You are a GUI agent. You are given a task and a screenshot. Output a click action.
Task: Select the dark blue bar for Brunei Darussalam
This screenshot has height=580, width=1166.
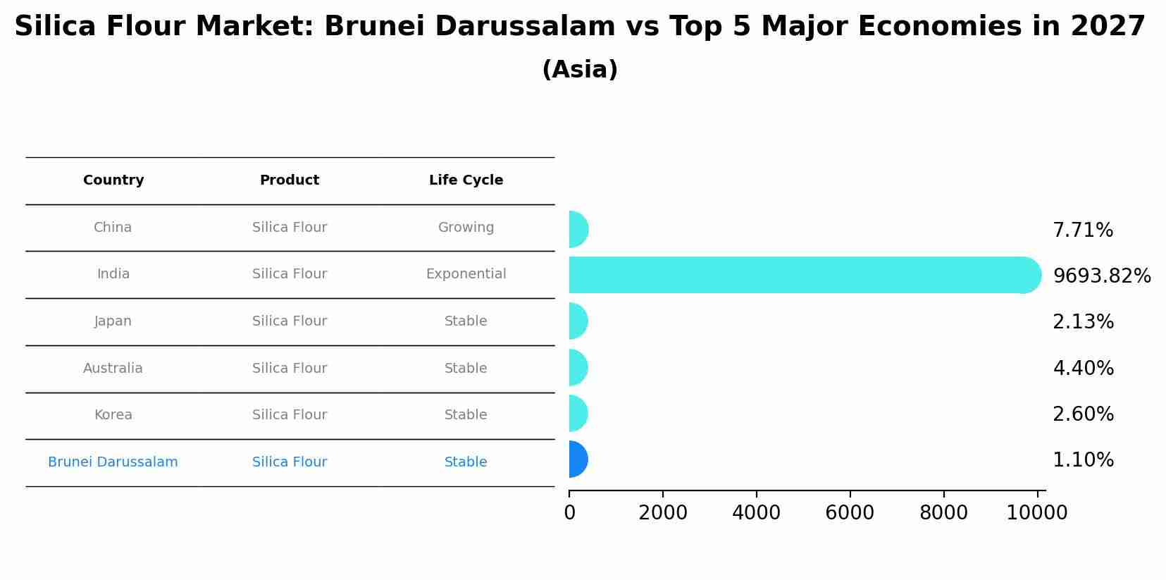click(x=578, y=459)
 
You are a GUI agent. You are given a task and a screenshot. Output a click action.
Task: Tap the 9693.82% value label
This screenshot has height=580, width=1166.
click(x=1101, y=276)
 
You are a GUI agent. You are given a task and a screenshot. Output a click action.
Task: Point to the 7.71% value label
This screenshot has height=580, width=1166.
click(x=1082, y=230)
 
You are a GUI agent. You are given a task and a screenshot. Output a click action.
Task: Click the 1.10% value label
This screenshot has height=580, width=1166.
click(x=1083, y=460)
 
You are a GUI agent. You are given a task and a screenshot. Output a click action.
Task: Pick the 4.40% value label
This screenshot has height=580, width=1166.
click(x=1083, y=369)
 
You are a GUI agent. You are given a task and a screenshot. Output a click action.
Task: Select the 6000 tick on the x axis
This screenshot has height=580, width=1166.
click(x=850, y=513)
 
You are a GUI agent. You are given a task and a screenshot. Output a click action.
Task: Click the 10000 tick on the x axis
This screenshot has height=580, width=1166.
click(x=1036, y=513)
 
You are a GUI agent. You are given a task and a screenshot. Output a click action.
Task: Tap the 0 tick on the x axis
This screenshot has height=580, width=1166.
click(x=569, y=513)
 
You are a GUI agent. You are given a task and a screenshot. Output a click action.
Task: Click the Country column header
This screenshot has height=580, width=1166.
click(x=113, y=180)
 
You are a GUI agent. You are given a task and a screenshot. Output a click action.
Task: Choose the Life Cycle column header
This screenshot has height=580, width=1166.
click(x=466, y=180)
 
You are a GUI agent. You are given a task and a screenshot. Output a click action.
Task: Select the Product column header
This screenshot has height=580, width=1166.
click(x=290, y=180)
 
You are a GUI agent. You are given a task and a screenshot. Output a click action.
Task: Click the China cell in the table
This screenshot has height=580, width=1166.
click(x=113, y=228)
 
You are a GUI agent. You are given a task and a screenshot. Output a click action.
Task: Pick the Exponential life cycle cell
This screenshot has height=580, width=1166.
click(x=466, y=274)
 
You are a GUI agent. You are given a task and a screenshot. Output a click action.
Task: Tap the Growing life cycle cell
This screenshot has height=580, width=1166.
click(x=466, y=228)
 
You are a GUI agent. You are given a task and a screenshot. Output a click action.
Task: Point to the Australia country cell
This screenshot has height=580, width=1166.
click(x=113, y=369)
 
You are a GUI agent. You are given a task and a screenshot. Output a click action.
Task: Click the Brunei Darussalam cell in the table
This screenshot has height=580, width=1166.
click(x=113, y=462)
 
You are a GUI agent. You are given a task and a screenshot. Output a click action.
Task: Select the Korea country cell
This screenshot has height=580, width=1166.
click(x=113, y=415)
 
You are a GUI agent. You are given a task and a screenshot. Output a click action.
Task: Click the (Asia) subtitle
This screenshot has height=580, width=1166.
click(x=580, y=70)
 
